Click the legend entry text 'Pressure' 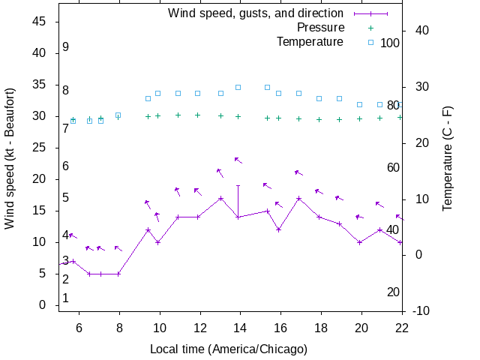[x=320, y=28]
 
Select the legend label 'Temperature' [x=310, y=42]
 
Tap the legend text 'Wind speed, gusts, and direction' [x=255, y=13]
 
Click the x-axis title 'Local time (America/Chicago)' [x=229, y=349]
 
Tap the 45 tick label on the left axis [x=40, y=22]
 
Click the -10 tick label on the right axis [x=421, y=311]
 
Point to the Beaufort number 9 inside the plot [x=66, y=47]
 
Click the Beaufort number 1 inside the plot [x=66, y=298]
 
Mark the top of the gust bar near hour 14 [x=238, y=185]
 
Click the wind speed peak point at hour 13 [x=220, y=199]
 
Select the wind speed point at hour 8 [x=118, y=274]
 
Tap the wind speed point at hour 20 [x=360, y=242]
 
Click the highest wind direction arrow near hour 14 [x=238, y=160]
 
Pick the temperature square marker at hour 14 [x=238, y=87]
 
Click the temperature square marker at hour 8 [x=118, y=115]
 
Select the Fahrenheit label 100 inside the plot [x=390, y=43]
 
